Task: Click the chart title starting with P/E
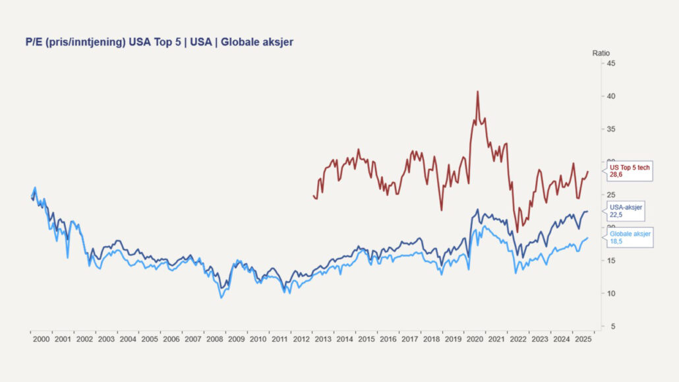[x=159, y=42]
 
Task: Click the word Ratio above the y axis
[x=601, y=52]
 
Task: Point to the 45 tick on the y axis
[x=611, y=63]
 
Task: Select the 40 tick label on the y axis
[x=611, y=96]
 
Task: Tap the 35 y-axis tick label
[x=611, y=129]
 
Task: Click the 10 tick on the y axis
[x=611, y=294]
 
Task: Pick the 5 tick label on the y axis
[x=613, y=327]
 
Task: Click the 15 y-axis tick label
[x=611, y=261]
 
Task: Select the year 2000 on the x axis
[x=41, y=339]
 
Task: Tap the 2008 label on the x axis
[x=214, y=339]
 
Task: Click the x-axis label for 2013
[x=323, y=339]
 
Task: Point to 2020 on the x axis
[x=475, y=339]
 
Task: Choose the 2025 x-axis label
[x=583, y=339]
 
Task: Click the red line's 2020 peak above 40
[x=477, y=91]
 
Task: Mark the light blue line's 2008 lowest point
[x=221, y=298]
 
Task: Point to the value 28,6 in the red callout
[x=616, y=175]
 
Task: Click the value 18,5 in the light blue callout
[x=616, y=242]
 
